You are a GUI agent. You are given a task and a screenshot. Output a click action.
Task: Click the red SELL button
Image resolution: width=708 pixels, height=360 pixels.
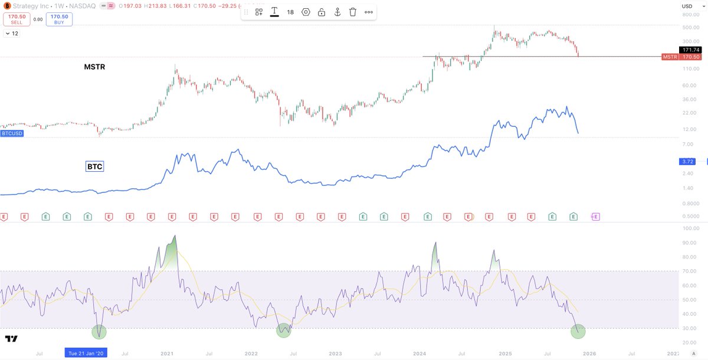pyautogui.click(x=16, y=19)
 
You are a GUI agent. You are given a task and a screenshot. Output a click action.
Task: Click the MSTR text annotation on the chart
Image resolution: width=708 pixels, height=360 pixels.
pyautogui.click(x=94, y=67)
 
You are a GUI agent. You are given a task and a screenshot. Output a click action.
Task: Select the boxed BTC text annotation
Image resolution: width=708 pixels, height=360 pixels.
pyautogui.click(x=95, y=167)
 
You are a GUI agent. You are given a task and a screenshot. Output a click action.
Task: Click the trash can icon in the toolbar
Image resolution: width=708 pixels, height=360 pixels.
pyautogui.click(x=353, y=12)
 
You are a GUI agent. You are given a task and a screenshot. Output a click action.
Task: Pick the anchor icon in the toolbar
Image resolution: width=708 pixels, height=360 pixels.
pyautogui.click(x=337, y=12)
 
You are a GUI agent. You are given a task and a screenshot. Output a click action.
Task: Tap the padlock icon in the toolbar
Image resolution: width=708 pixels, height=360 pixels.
pyautogui.click(x=322, y=12)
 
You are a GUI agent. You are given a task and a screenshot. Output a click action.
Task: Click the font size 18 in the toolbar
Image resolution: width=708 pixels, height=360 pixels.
pyautogui.click(x=290, y=12)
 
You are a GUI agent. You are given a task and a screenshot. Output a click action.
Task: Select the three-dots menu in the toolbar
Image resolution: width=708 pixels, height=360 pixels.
pyautogui.click(x=369, y=12)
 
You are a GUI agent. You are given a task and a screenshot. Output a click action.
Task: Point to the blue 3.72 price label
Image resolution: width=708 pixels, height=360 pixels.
pyautogui.click(x=689, y=161)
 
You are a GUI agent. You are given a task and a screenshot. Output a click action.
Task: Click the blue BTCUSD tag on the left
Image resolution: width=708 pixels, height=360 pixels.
pyautogui.click(x=12, y=135)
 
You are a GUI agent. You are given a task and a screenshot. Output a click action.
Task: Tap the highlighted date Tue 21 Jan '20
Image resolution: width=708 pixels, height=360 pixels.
pyautogui.click(x=86, y=353)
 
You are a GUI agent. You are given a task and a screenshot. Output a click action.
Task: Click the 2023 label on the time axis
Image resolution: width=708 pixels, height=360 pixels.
pyautogui.click(x=335, y=353)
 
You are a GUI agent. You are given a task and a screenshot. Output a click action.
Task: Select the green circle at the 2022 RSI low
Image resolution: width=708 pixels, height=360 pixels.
pyautogui.click(x=284, y=330)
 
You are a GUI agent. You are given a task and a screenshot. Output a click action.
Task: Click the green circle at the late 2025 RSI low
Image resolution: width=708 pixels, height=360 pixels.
pyautogui.click(x=578, y=331)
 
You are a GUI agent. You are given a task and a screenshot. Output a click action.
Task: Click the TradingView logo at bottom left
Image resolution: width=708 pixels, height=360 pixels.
pyautogui.click(x=11, y=339)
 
